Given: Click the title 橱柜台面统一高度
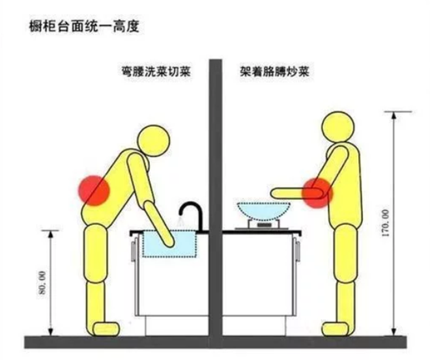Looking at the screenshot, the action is [85, 27].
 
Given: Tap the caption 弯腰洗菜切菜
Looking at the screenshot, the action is [156, 72].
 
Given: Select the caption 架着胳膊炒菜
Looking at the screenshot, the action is [274, 72].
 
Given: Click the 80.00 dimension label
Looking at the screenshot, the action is [42, 283].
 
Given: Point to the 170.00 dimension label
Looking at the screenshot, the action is [385, 223].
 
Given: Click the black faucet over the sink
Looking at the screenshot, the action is [192, 216].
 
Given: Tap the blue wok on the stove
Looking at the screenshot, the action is [263, 211].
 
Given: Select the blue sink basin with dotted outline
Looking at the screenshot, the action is [169, 244].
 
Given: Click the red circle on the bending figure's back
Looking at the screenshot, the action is [94, 190].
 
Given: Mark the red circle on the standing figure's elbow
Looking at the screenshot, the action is [317, 193].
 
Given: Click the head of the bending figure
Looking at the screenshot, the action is [154, 141].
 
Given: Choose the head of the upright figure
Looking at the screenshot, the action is [338, 127].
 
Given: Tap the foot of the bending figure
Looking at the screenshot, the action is [106, 329].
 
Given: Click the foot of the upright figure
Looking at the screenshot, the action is [336, 329].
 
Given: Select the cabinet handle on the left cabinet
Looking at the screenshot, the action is [134, 249].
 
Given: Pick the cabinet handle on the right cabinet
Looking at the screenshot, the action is [297, 249].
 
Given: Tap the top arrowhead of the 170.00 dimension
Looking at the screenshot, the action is [394, 116].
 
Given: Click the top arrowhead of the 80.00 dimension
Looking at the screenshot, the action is [50, 234].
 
